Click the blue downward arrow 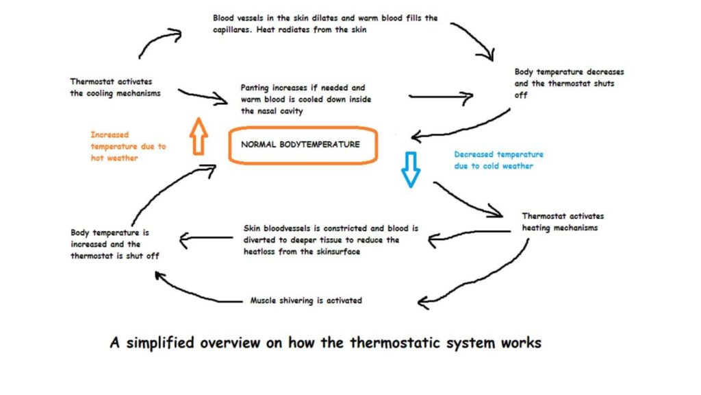(410, 168)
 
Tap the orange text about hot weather (128, 146)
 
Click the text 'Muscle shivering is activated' (306, 300)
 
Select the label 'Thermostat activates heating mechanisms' (563, 222)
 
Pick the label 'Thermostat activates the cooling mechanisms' (115, 87)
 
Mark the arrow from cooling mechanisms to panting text (203, 96)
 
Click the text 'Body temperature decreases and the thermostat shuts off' (569, 83)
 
